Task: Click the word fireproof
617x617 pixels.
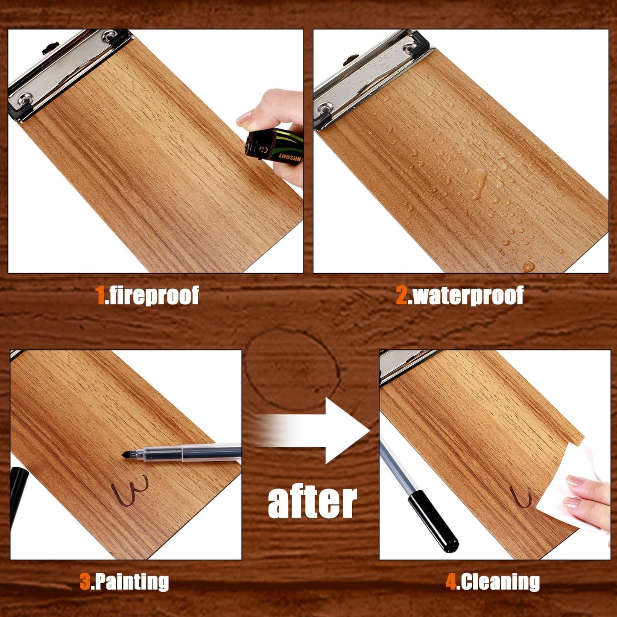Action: [x=152, y=295]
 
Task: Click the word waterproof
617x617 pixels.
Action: [x=467, y=295]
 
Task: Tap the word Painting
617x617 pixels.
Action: [x=130, y=582]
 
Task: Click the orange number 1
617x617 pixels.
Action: [x=100, y=295]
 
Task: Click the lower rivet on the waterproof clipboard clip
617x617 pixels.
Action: [x=325, y=107]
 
